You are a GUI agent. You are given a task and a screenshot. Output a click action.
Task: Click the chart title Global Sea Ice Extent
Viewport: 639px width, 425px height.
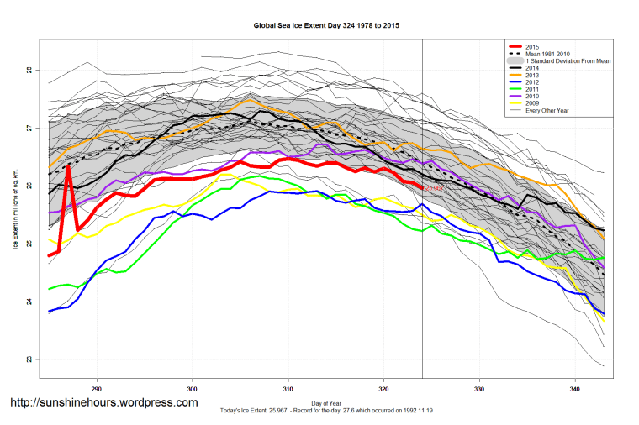click(x=326, y=25)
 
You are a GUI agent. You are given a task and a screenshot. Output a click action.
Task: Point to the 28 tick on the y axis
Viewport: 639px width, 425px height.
click(x=28, y=70)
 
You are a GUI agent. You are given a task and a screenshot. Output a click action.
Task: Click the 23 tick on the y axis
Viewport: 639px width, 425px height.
click(x=28, y=359)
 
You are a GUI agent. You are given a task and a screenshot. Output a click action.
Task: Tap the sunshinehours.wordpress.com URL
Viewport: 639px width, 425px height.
click(x=103, y=403)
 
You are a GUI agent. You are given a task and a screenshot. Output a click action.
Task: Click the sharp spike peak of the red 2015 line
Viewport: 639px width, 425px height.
click(x=68, y=165)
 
